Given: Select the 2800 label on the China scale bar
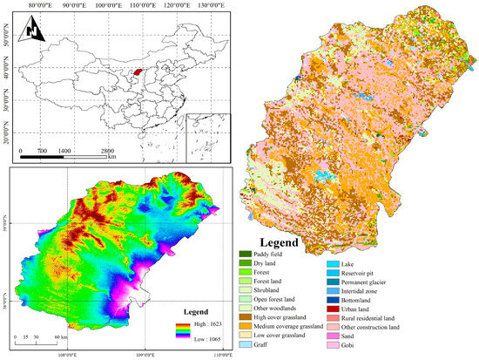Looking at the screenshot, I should click(109, 152).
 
